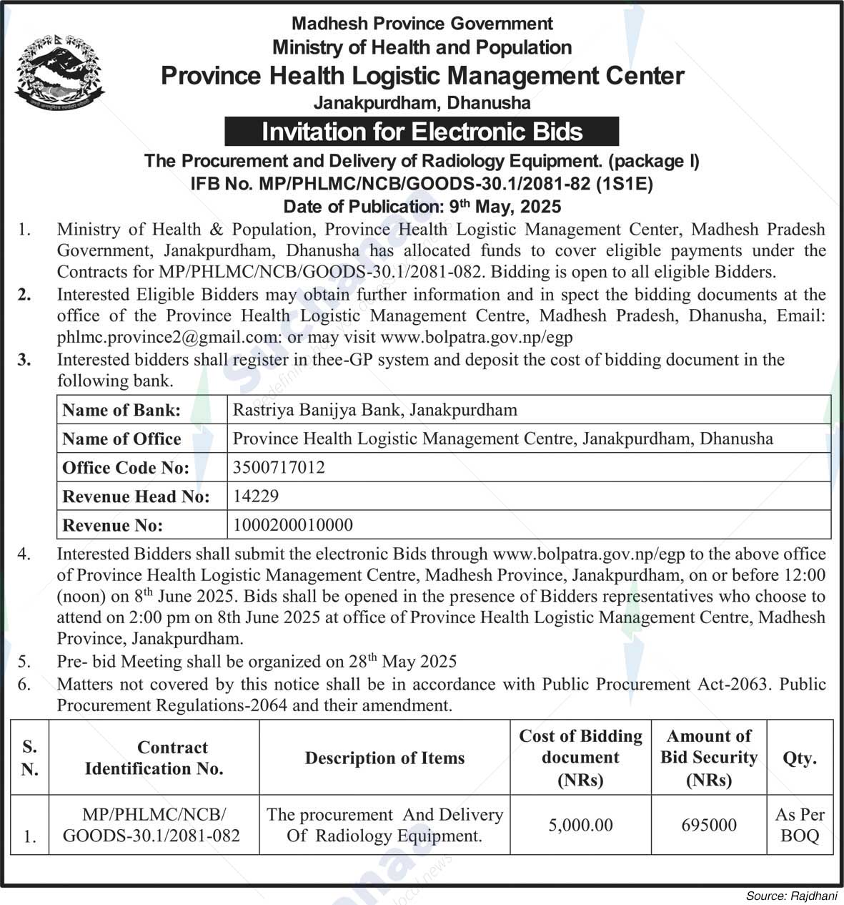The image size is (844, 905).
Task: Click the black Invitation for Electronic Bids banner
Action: pos(422,132)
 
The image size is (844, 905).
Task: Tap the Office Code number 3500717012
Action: pos(279,467)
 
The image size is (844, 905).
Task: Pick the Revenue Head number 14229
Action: pos(256,496)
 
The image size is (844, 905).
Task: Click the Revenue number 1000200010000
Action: pos(293,525)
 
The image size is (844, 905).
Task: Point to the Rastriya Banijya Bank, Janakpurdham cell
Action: pos(374,410)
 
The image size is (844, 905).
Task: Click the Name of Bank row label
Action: pos(121,410)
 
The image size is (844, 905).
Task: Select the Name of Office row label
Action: pos(121,439)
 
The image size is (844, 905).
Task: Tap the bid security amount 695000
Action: pos(708,825)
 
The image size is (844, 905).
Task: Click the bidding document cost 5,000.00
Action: pos(580,825)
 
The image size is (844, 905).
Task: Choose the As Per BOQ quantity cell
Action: pos(799,825)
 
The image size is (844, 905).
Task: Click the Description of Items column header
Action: pos(384,758)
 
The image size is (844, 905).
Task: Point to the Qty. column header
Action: pos(799,758)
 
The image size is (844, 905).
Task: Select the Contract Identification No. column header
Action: pos(154,758)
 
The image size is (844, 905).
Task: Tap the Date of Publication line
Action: pos(422,207)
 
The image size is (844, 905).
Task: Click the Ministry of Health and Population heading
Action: pos(422,48)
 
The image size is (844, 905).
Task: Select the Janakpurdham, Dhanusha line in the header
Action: pos(422,102)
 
